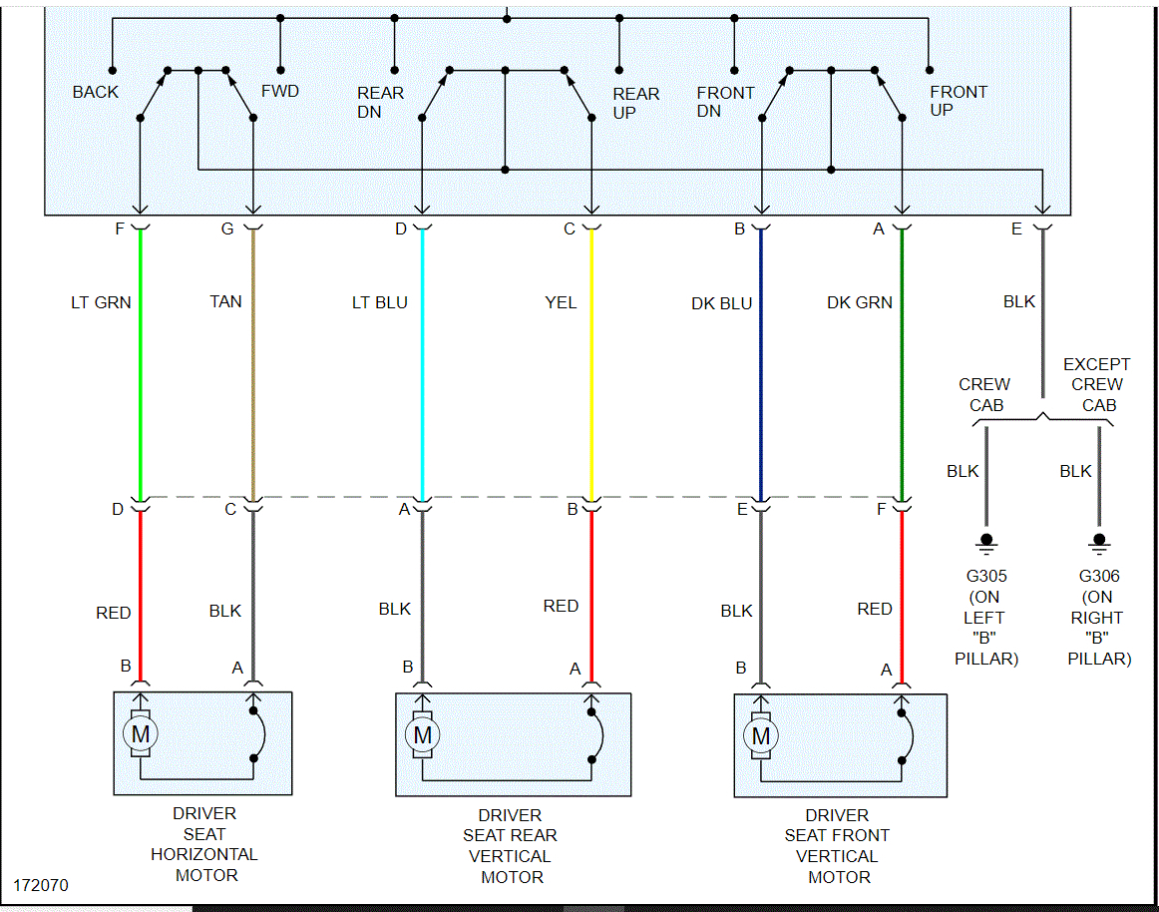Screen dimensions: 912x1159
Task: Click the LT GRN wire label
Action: click(x=101, y=302)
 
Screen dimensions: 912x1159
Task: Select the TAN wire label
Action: click(x=225, y=301)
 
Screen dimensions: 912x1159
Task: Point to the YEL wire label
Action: click(x=561, y=302)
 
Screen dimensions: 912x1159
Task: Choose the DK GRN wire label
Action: click(x=860, y=302)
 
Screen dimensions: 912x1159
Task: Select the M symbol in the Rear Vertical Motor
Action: click(x=423, y=736)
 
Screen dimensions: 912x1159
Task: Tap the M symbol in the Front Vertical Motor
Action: click(x=762, y=736)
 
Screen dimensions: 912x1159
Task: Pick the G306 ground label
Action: click(x=1099, y=576)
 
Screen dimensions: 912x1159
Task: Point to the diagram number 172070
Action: click(x=41, y=885)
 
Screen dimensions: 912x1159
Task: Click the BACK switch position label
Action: click(x=95, y=92)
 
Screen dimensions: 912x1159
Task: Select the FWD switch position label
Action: click(x=280, y=92)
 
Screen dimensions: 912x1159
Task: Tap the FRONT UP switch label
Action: click(x=959, y=101)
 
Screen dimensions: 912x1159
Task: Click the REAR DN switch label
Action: click(x=381, y=102)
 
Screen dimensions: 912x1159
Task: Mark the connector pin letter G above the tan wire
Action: click(x=227, y=229)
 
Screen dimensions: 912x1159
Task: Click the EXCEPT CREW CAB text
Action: click(x=1096, y=384)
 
